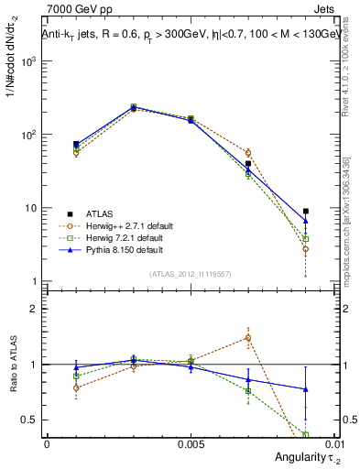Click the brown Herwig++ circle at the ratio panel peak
pos(248,337)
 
